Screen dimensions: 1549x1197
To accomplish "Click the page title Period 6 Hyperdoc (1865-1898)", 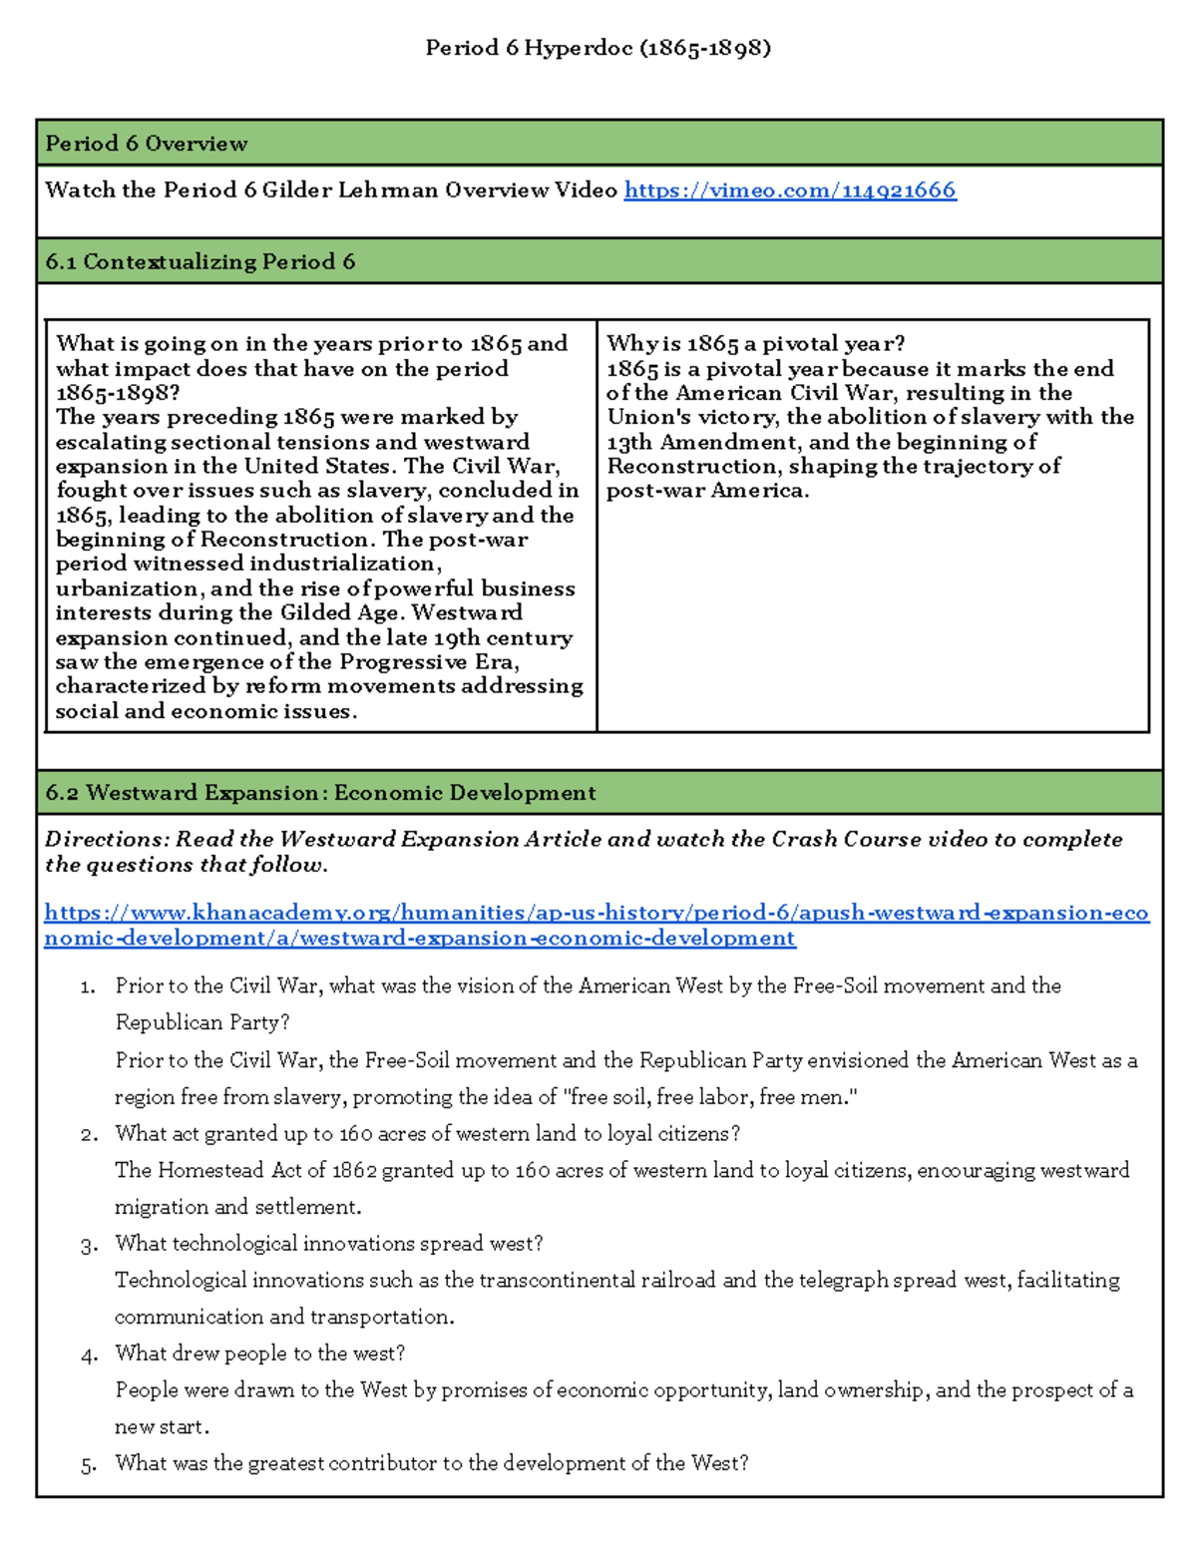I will point(598,48).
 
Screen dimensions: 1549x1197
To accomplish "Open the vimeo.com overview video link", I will point(789,191).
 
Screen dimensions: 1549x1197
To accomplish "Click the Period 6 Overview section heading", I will point(147,144).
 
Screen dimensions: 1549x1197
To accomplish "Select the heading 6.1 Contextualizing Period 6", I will point(199,262).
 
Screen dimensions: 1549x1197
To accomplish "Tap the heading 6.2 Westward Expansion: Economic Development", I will point(320,793).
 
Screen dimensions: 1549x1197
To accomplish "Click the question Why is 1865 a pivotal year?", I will point(755,344).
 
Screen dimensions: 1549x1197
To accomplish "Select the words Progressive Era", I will point(428,662).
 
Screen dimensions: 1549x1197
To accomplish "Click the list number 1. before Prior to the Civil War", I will point(88,987).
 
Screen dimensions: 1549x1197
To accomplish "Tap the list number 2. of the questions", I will point(88,1135).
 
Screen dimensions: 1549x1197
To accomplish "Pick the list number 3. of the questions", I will point(88,1245).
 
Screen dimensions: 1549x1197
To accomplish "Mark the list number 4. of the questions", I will point(88,1355).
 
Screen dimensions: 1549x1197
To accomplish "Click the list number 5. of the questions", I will point(88,1465).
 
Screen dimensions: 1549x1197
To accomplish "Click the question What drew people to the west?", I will point(259,1354).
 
